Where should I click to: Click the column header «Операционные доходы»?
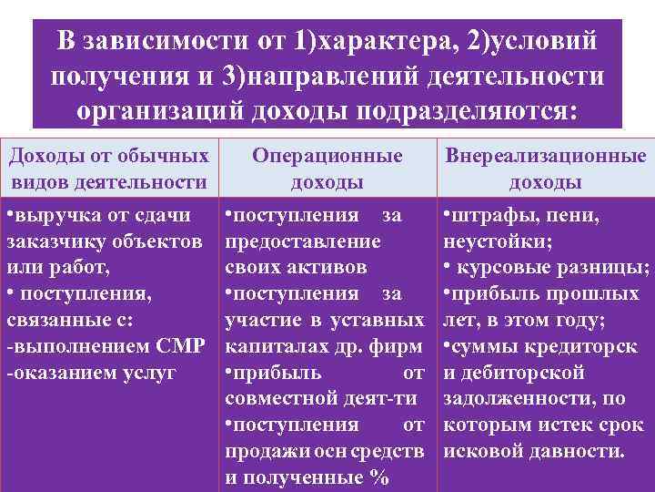coord(327,169)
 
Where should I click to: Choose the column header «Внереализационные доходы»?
coord(546,169)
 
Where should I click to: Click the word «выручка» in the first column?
coord(53,217)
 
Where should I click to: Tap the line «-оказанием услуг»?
coord(91,374)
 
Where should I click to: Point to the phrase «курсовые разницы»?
coord(553,269)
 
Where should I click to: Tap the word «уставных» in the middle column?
coord(385,322)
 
